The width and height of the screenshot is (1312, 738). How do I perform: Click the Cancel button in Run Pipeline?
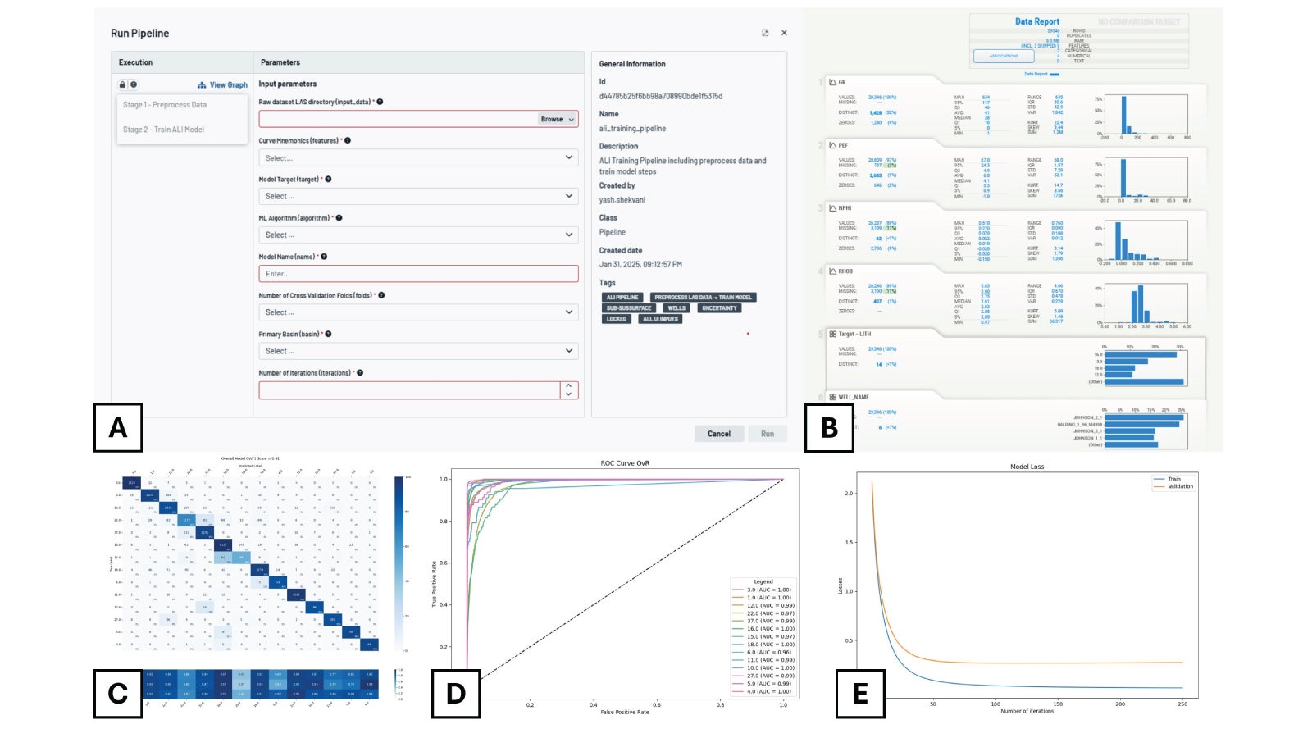[x=719, y=434]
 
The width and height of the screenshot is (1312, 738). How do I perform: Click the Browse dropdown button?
[x=558, y=119]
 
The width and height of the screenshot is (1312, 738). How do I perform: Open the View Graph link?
[x=222, y=84]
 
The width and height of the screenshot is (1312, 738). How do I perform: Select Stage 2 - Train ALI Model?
[x=163, y=130]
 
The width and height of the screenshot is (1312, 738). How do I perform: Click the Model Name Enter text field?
[x=418, y=274]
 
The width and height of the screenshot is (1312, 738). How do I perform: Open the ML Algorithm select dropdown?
[x=418, y=235]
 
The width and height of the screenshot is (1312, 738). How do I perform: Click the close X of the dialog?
[x=784, y=33]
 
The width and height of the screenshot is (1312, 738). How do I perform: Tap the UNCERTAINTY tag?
[x=719, y=308]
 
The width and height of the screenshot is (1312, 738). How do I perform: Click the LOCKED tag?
[x=617, y=319]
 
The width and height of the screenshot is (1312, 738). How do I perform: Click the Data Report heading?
[x=1036, y=21]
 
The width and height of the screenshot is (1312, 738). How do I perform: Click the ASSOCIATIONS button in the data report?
[x=1004, y=56]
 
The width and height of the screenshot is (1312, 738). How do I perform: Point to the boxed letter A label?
[x=118, y=427]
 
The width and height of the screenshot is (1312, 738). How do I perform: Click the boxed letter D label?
[x=456, y=694]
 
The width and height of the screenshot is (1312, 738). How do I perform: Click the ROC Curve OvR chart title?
[x=625, y=463]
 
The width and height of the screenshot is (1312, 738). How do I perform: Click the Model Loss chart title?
[x=1027, y=467]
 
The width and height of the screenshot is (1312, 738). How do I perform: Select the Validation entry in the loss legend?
[x=1179, y=486]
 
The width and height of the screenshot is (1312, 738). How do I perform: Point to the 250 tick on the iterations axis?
[x=1182, y=704]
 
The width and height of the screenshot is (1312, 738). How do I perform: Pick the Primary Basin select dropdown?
[x=418, y=351]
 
